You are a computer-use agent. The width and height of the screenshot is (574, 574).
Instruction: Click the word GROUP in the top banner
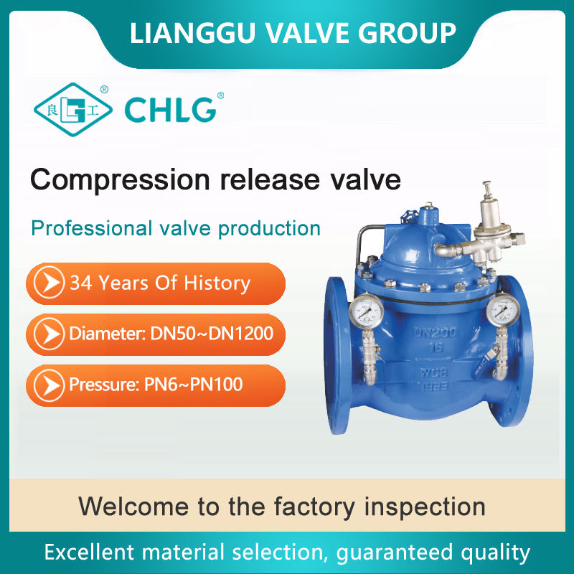click(406, 33)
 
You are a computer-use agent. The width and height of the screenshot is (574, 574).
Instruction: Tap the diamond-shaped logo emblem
click(73, 110)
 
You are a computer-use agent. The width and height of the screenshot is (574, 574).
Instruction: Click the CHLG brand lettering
click(171, 110)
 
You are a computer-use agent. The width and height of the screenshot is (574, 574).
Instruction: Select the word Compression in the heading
click(120, 180)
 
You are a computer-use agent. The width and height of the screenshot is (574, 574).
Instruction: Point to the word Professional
click(92, 228)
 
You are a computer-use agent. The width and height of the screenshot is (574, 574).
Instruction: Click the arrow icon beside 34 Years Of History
click(49, 283)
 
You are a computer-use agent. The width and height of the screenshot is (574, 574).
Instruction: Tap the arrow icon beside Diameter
click(49, 334)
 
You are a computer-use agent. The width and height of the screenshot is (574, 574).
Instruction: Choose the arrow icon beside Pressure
click(49, 385)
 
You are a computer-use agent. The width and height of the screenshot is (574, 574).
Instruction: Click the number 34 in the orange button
click(80, 283)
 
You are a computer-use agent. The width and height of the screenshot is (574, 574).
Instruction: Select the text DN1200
click(241, 334)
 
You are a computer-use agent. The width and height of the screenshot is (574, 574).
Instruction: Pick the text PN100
click(217, 385)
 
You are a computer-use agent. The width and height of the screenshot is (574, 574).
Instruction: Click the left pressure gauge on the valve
click(366, 311)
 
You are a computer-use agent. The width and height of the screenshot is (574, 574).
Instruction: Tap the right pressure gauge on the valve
click(503, 311)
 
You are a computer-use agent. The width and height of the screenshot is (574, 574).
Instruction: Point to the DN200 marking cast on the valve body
click(435, 332)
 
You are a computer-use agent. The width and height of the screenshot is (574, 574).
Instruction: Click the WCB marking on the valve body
click(433, 372)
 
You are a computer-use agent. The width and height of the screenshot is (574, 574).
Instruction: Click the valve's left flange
click(337, 355)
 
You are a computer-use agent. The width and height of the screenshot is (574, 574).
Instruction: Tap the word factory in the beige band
click(314, 507)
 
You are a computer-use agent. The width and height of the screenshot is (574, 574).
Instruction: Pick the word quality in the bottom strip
click(495, 552)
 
